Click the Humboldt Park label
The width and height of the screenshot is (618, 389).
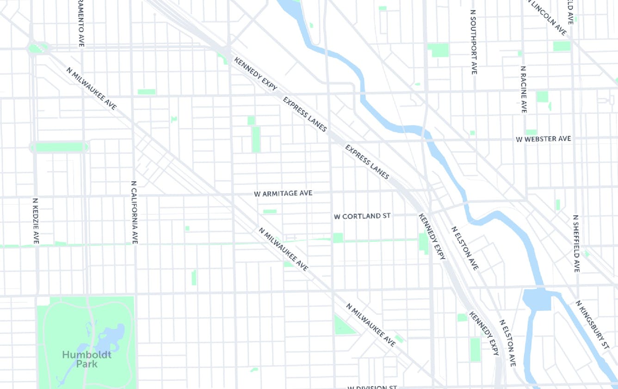(87, 359)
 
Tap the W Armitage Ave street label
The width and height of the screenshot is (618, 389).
(283, 193)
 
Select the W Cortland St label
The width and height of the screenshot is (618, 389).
(362, 216)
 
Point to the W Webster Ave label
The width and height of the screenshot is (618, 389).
(544, 139)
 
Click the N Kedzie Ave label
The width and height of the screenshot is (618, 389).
(36, 221)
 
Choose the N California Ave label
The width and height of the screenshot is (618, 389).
(134, 212)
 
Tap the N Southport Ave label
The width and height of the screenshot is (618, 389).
(473, 42)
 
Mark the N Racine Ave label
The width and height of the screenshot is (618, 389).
(523, 89)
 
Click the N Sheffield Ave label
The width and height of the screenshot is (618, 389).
(576, 243)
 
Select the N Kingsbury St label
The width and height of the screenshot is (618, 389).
(593, 324)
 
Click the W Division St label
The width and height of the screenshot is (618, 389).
(372, 387)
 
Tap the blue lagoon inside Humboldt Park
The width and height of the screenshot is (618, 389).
(111, 338)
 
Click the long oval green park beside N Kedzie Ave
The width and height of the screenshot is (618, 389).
(59, 147)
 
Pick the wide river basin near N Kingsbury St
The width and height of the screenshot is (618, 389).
(537, 300)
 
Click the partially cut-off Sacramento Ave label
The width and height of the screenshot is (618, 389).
(81, 23)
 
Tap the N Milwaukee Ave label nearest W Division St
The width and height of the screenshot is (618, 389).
(371, 325)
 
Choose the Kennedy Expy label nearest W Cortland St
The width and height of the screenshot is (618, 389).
(432, 236)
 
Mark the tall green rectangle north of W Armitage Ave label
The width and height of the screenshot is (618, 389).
(256, 139)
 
